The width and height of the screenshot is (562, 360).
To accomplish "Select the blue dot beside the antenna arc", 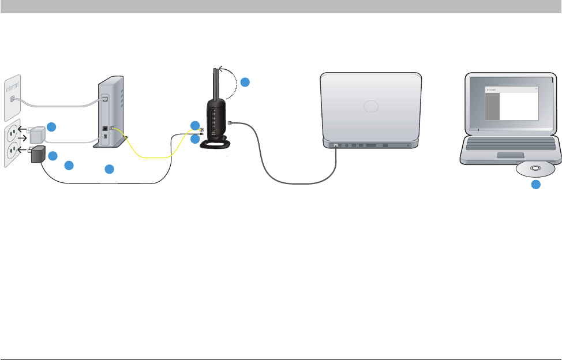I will tap(245, 82).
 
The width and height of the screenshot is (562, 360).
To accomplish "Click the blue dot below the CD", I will tap(536, 185).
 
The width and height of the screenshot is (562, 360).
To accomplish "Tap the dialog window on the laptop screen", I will tap(511, 103).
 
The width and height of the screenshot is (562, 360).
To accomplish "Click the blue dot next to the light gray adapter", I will tap(52, 127).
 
